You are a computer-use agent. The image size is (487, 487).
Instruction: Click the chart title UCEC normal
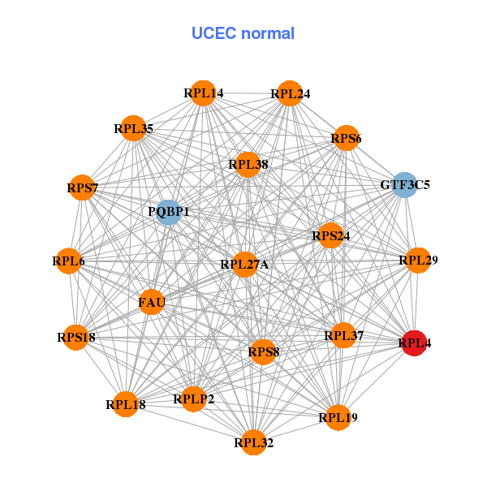click(243, 33)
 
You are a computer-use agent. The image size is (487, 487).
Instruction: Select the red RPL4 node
click(415, 343)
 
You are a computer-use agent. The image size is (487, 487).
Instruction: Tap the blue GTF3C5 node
click(404, 185)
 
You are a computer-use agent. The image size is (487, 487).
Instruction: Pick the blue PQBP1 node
click(168, 212)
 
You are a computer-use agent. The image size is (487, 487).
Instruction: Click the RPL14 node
click(203, 93)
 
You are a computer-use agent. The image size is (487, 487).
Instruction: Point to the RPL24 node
click(290, 94)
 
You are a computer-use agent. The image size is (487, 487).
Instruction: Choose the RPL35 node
click(133, 128)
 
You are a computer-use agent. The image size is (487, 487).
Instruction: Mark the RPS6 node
click(346, 139)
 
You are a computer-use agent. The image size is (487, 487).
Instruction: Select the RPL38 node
click(248, 165)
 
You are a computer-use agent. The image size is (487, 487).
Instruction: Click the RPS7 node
click(82, 188)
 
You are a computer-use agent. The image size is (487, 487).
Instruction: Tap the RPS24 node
click(330, 236)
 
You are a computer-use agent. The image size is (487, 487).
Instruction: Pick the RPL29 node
click(418, 261)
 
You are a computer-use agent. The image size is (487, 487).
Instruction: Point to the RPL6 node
click(69, 261)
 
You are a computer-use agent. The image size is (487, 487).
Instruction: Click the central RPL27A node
click(244, 265)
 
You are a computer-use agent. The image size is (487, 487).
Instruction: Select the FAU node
click(152, 303)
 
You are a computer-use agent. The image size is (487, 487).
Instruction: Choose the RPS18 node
click(75, 337)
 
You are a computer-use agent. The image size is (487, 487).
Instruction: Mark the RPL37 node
click(343, 335)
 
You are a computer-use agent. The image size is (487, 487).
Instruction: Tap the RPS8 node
click(263, 351)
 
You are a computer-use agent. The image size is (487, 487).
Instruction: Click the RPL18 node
click(125, 403)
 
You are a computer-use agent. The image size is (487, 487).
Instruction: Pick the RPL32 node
click(253, 442)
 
